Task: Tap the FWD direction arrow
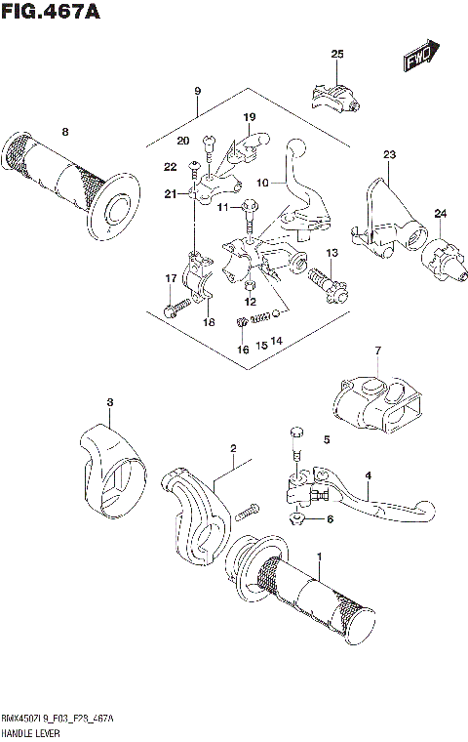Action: pyautogui.click(x=420, y=58)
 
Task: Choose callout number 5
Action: pyautogui.click(x=327, y=440)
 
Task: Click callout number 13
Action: pyautogui.click(x=331, y=253)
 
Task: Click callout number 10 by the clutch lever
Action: pyautogui.click(x=262, y=183)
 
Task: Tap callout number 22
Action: pyautogui.click(x=170, y=167)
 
